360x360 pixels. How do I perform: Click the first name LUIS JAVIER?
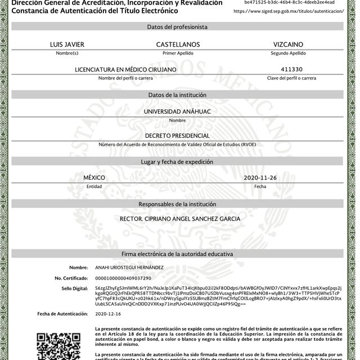67,44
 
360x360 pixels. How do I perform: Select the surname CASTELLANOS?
178,44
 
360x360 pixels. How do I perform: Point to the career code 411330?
291,69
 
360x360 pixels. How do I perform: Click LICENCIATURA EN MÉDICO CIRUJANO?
126,70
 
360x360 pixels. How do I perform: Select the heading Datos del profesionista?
178,27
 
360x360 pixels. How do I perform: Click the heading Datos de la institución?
178,95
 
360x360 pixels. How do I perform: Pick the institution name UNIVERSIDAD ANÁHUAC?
178,112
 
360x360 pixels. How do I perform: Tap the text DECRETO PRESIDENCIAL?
178,136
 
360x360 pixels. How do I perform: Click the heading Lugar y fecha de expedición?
178,161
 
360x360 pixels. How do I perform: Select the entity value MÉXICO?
94,178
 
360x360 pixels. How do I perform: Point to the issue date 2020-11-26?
260,178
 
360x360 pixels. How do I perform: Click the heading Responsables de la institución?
178,204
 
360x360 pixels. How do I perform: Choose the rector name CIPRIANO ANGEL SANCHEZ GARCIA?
180,219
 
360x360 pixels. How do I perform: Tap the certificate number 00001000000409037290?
123,278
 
